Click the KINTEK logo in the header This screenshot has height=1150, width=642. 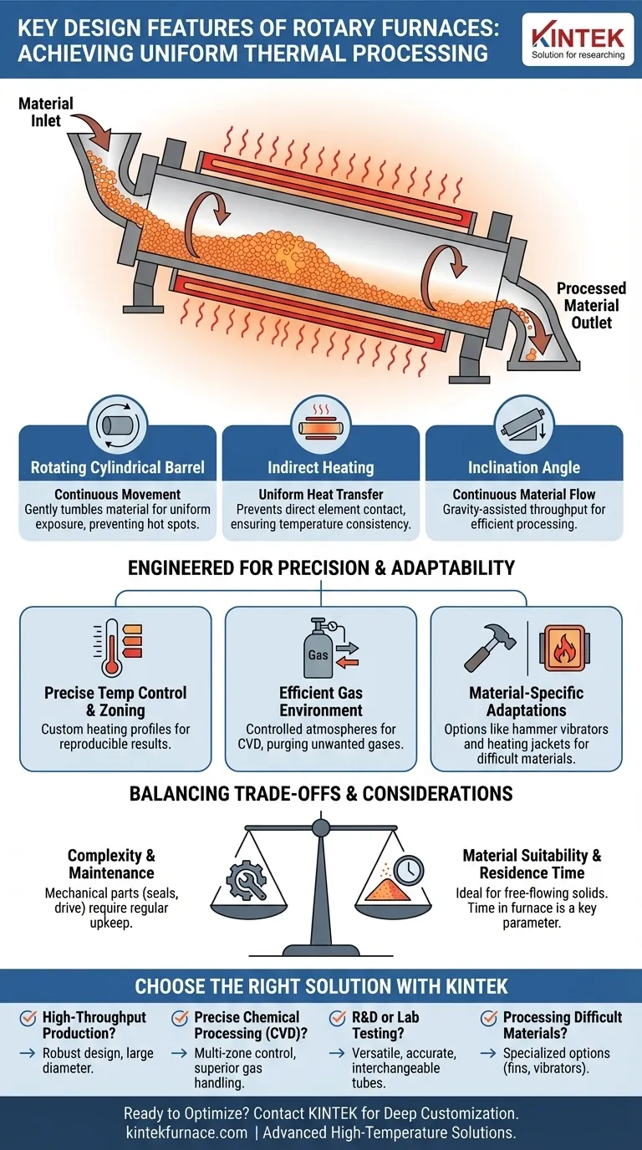[578, 40]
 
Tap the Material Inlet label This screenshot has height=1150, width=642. [46, 112]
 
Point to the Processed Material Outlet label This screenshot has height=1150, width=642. [591, 306]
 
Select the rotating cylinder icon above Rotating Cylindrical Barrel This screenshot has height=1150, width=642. [118, 425]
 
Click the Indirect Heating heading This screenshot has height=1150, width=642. [320, 468]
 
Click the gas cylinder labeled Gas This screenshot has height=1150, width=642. [318, 648]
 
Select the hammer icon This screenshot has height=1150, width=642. [490, 647]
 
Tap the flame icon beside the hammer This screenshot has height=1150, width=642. [564, 648]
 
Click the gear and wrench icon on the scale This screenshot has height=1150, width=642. [247, 881]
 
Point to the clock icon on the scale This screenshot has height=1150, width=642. [409, 870]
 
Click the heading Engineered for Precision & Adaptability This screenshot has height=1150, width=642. [321, 567]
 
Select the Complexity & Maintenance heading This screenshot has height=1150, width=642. [111, 864]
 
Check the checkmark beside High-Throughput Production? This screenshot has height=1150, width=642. [28, 1018]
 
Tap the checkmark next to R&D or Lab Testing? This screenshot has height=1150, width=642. [337, 1018]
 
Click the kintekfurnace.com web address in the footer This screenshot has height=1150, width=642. [187, 1132]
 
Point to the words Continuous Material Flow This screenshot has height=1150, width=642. [524, 495]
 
